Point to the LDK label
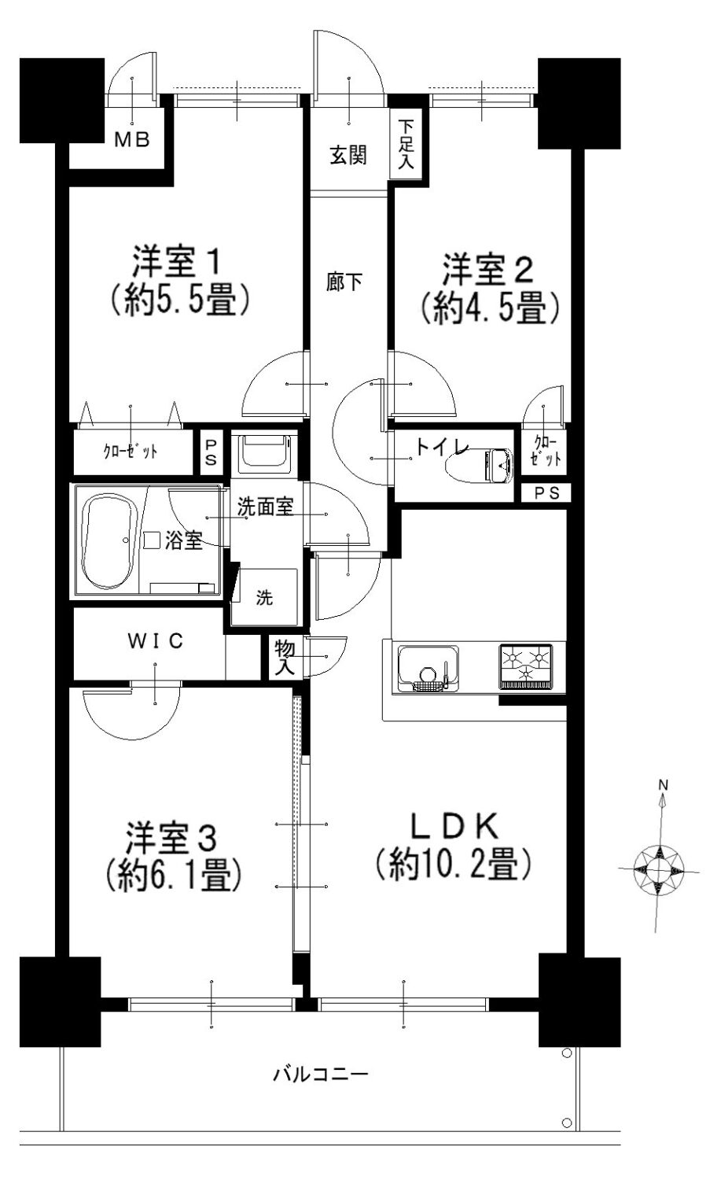point(454,826)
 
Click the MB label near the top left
point(133,139)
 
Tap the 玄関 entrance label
point(348,156)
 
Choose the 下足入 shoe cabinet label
point(406,144)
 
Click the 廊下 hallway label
point(344,282)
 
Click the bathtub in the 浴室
point(112,542)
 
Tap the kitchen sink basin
point(429,667)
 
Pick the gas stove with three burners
point(526,666)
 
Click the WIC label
point(156,641)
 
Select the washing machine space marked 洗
point(264,598)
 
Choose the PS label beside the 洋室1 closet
point(211,452)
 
